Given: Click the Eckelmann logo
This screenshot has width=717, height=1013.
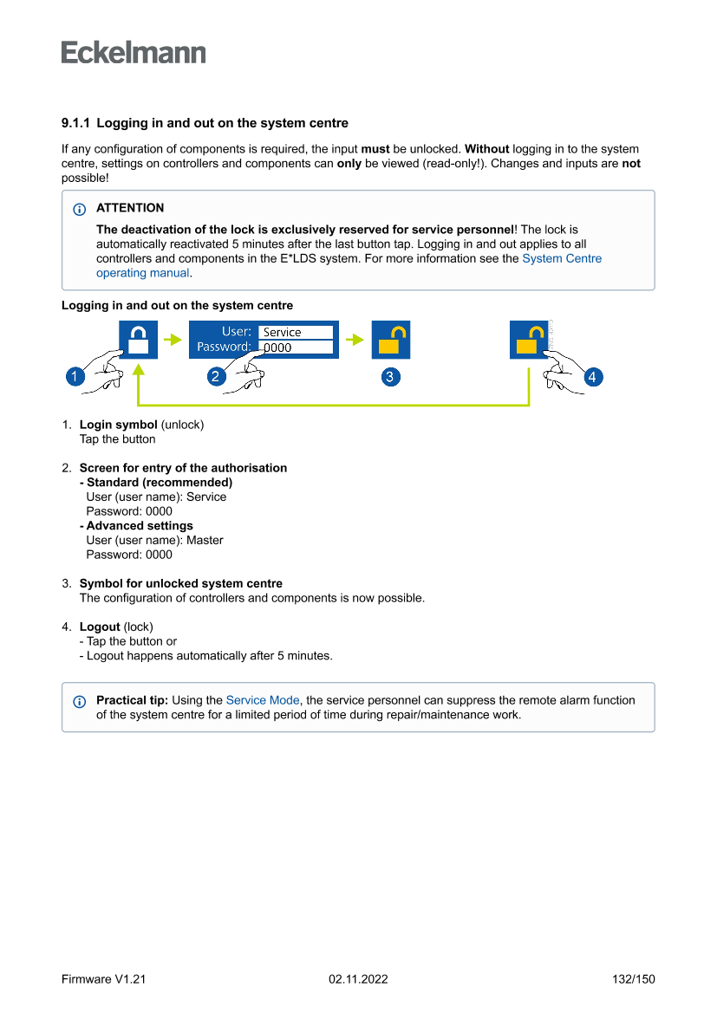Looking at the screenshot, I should point(134,53).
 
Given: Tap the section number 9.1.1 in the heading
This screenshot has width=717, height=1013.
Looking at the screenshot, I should point(76,123).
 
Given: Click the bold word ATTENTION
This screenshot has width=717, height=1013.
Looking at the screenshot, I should point(130,208).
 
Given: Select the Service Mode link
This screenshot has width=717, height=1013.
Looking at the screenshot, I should point(263,700).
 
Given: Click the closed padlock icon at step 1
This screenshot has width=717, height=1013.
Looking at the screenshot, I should point(138,340).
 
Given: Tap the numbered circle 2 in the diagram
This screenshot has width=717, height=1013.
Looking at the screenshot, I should point(218,377).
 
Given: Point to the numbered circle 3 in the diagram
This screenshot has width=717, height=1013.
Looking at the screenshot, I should point(390,377).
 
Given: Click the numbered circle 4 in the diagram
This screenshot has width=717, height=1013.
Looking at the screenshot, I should point(593,377).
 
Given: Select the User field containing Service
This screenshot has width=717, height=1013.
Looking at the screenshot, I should point(296,332).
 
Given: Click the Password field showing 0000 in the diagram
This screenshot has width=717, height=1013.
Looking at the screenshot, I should point(296,347).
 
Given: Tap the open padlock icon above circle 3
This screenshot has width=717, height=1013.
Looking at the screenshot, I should point(391,340).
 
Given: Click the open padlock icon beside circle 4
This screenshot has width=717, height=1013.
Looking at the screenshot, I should point(528,340).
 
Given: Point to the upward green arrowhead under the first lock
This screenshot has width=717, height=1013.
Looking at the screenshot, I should point(139,369).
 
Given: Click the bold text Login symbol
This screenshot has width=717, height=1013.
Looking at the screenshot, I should point(118,425).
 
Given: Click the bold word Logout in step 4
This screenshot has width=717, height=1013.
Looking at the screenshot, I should point(100,627).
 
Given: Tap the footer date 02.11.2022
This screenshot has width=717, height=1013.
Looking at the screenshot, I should point(358,979).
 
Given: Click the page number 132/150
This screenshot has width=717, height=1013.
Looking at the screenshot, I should point(633,979).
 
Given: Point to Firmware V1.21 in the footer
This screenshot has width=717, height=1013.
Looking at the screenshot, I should point(103,979).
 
